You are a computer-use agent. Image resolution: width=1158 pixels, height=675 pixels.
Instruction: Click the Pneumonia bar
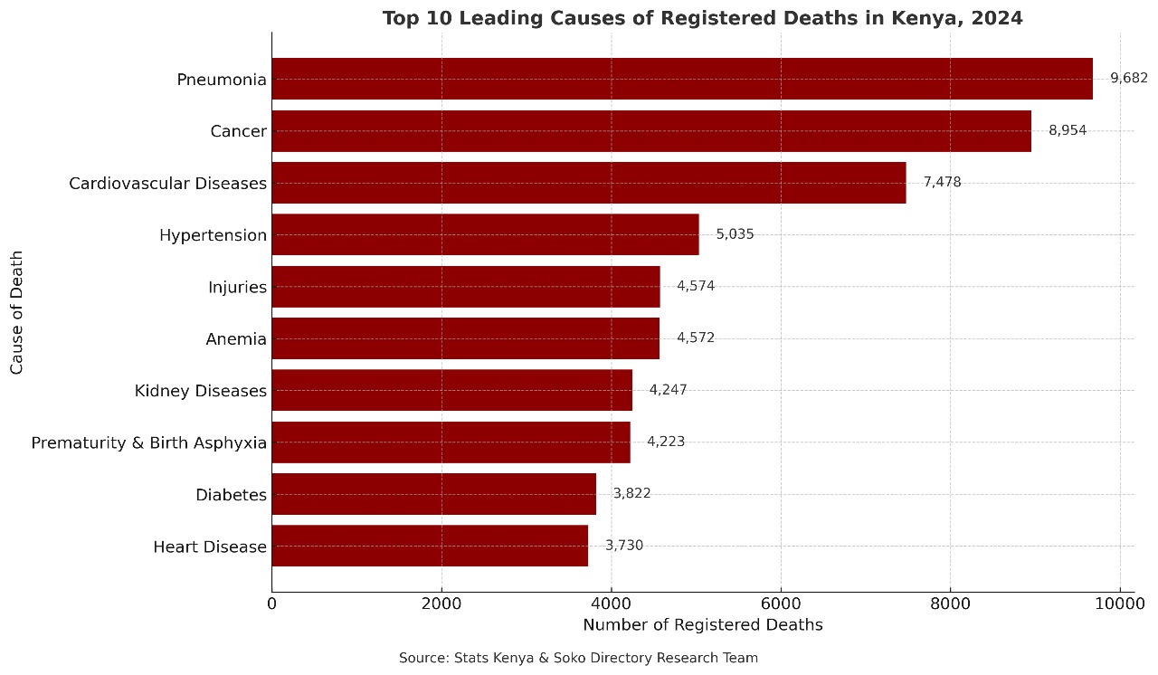click(681, 79)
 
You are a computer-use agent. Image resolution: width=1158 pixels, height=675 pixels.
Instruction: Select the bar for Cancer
click(651, 131)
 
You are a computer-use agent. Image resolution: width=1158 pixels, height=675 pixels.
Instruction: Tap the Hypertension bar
click(485, 234)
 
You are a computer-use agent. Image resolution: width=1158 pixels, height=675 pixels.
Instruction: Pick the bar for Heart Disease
click(430, 546)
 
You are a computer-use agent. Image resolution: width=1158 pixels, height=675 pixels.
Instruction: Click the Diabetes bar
click(433, 494)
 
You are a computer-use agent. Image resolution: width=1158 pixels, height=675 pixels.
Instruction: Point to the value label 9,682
click(1128, 79)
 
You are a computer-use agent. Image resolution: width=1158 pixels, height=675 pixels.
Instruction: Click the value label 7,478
click(942, 183)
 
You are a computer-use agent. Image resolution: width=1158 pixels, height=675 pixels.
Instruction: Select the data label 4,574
click(696, 287)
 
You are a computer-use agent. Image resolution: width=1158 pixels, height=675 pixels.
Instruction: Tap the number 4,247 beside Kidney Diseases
click(668, 390)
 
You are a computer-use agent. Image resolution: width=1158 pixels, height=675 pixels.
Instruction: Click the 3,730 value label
click(624, 546)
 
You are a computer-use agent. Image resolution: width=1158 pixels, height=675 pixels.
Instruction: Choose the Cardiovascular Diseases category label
click(167, 184)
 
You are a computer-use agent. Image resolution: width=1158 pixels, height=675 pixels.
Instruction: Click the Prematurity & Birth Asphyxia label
click(148, 443)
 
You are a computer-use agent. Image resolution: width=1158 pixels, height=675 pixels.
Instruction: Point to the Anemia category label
click(236, 340)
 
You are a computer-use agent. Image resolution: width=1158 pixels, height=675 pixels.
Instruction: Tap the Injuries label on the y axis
click(237, 288)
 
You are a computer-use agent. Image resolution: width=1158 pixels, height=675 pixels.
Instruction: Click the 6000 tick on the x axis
click(781, 603)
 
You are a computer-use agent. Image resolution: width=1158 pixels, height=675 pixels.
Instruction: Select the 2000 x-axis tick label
click(441, 603)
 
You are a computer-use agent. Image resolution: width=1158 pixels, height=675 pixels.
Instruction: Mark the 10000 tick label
click(1120, 603)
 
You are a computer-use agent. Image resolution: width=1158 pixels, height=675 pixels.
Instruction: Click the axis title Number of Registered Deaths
click(702, 625)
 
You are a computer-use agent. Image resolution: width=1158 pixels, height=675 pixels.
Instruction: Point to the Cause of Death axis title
click(16, 312)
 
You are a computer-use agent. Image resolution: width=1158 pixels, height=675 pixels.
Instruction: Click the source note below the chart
click(578, 658)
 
